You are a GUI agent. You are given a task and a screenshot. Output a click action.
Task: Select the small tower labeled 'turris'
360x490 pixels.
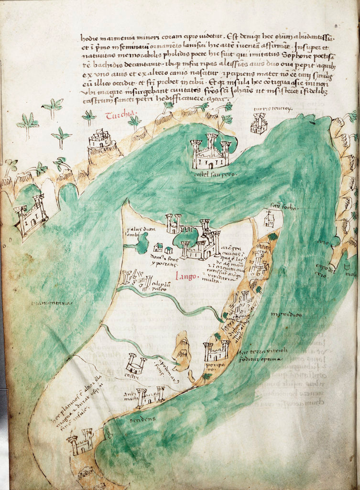coord(259,123)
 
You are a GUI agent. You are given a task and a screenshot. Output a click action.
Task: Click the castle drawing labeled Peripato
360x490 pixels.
coord(216,350)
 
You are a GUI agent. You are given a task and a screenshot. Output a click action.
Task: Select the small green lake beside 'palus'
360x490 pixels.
coord(142,244)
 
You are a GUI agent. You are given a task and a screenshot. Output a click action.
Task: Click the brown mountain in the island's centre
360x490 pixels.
coord(182,352)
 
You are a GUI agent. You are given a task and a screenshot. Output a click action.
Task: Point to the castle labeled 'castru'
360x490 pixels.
coord(135,364)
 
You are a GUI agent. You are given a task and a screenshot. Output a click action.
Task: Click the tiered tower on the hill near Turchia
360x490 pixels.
coord(100,140)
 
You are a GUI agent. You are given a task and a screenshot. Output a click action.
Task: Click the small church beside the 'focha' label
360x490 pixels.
coord(269,219)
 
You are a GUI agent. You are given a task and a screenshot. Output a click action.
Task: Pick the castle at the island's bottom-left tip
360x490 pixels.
coord(80,442)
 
